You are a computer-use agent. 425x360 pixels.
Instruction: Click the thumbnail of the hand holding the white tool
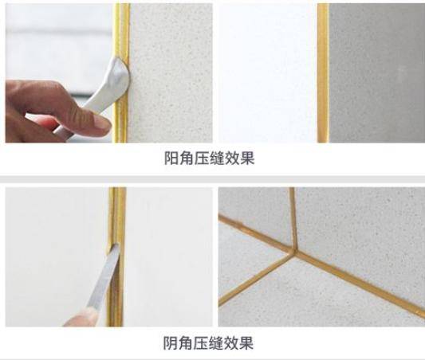[x=109, y=73]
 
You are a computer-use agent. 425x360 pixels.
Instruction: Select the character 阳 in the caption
[x=171, y=158]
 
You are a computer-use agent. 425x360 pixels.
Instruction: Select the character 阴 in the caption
[x=171, y=343]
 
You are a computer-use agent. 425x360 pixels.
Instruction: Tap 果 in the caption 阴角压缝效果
[x=246, y=343]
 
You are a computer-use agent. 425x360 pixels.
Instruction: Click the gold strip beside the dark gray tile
[x=323, y=73]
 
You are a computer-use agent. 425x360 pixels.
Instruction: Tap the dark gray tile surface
[x=376, y=73]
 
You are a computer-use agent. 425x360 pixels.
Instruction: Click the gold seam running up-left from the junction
[x=256, y=233]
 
